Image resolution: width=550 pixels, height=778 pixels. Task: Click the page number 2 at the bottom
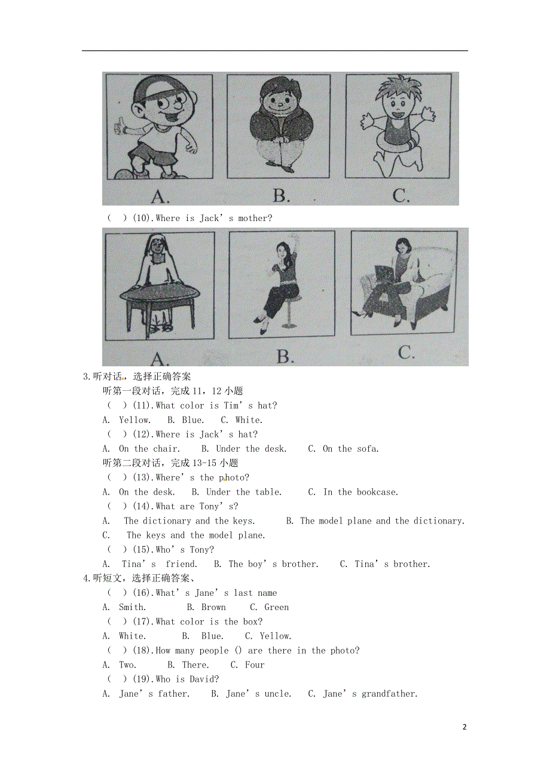(464, 727)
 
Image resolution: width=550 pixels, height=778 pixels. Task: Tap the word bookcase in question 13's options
(377, 492)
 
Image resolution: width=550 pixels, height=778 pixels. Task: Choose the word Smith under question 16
(132, 607)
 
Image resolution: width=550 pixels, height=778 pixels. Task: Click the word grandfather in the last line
(389, 694)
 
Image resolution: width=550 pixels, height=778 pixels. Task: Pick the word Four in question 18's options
(255, 665)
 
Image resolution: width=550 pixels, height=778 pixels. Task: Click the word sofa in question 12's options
(367, 449)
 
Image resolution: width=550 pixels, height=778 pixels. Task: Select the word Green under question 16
(276, 607)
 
